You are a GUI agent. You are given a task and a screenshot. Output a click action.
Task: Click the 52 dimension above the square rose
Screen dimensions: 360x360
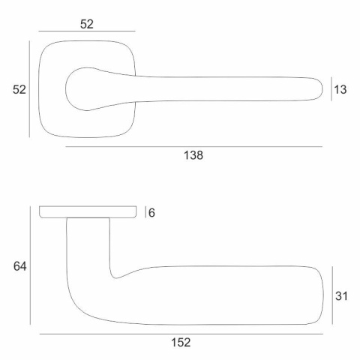click(x=87, y=24)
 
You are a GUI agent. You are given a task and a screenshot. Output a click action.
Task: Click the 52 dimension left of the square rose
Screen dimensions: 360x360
click(x=19, y=89)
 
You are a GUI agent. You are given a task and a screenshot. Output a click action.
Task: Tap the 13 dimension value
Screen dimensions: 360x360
click(x=340, y=89)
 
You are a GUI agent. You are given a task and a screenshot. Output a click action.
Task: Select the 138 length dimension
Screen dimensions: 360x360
click(x=193, y=155)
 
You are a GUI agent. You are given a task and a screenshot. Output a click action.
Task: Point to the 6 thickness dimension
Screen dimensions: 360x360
click(x=151, y=213)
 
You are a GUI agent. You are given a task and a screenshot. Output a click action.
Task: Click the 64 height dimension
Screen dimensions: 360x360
click(x=19, y=266)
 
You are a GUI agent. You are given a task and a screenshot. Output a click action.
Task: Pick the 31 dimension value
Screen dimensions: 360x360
click(x=341, y=296)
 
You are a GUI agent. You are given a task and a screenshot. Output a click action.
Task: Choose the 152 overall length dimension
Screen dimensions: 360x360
click(x=181, y=342)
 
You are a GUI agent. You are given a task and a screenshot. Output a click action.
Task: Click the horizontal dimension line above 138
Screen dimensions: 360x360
click(x=194, y=147)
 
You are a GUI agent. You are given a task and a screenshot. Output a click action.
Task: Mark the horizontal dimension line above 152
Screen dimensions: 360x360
click(x=181, y=334)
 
